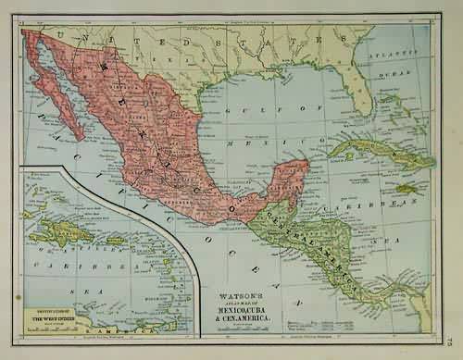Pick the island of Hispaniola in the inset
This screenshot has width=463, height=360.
[62, 232]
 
